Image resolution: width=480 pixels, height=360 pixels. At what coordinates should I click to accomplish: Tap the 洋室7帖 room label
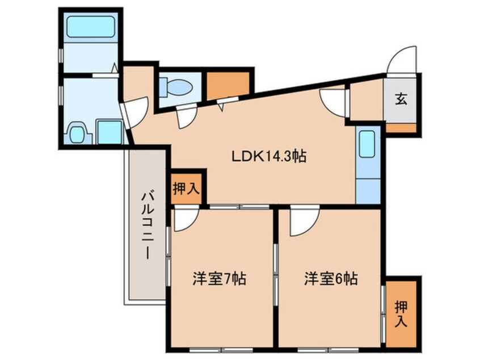coord(219,279)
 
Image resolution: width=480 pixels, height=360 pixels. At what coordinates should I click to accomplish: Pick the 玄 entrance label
coord(401,100)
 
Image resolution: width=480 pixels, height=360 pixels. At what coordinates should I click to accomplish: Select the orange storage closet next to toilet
coord(227,84)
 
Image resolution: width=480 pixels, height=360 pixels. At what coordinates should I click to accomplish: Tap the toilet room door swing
coord(186,118)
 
